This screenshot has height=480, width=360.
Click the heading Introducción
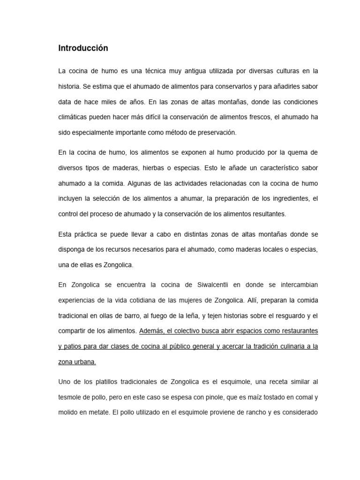point(83,48)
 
